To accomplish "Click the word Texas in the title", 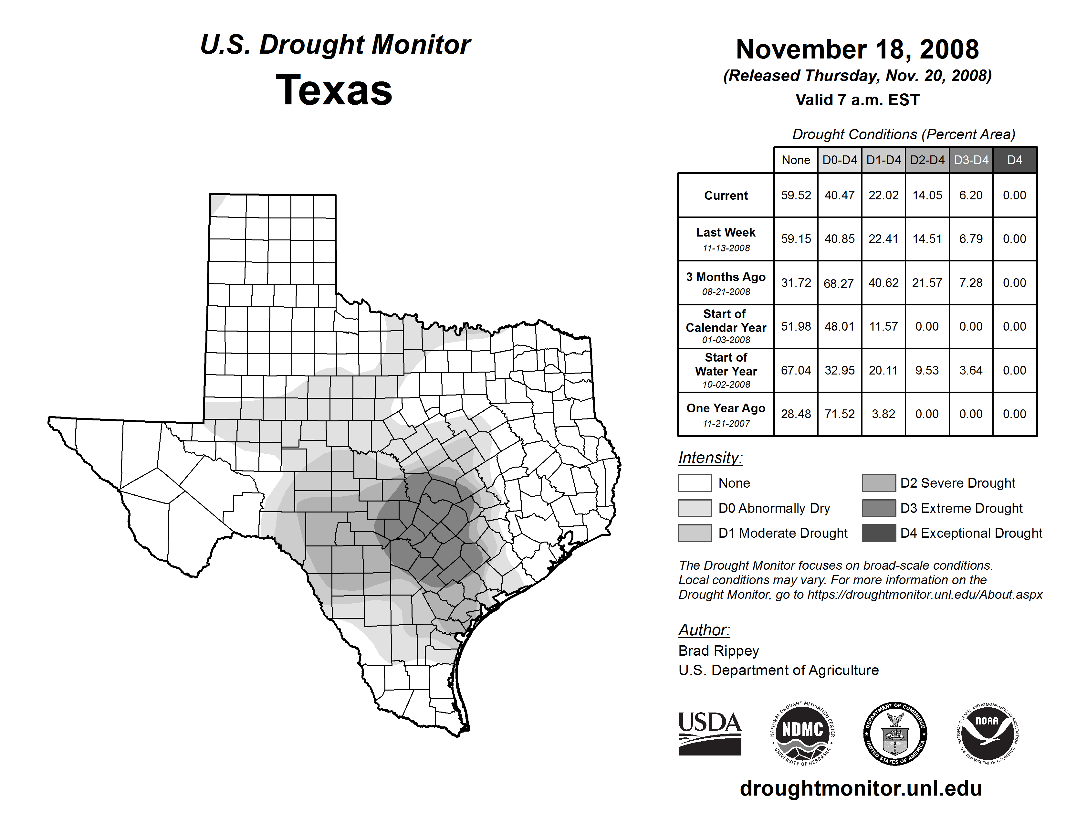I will click(x=334, y=90).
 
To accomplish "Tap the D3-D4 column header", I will click(x=971, y=160).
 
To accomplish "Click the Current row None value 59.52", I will click(x=796, y=195).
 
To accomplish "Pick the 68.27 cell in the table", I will click(x=839, y=283).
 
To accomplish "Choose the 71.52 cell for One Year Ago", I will click(x=840, y=414).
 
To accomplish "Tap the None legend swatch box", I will click(x=695, y=483).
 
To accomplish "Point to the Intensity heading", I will click(x=710, y=458).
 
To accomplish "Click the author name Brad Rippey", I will click(x=718, y=651).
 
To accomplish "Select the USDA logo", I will click(x=710, y=733).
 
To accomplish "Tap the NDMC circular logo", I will click(x=802, y=733).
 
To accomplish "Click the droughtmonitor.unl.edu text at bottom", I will click(x=861, y=788).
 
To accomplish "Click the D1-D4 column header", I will click(x=883, y=160).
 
